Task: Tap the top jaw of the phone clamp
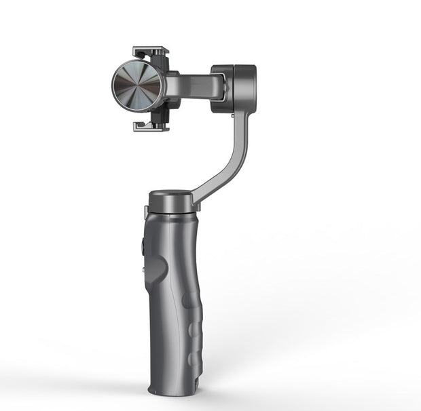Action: tap(150, 52)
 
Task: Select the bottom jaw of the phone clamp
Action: tap(150, 126)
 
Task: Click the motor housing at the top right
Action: tap(234, 88)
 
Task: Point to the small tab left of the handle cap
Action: tap(145, 212)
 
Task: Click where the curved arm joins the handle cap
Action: tap(197, 195)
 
